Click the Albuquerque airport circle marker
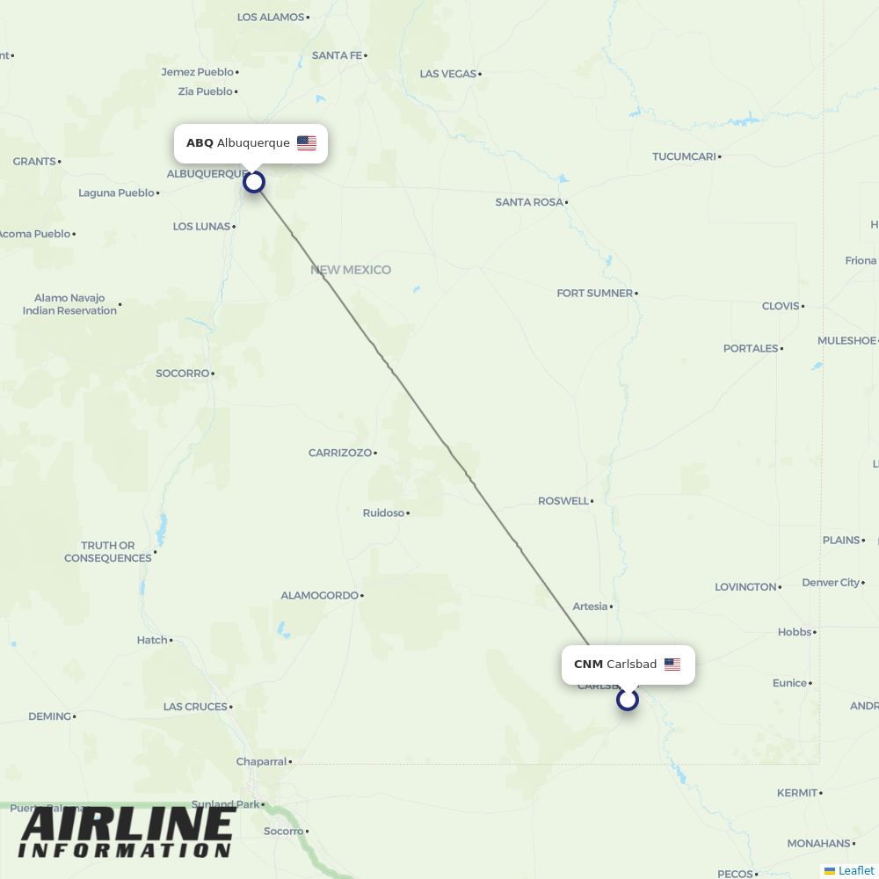[x=254, y=182]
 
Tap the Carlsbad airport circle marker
[x=628, y=700]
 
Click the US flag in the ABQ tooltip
[x=307, y=143]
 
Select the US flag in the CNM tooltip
[x=672, y=665]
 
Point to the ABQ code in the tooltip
[x=200, y=143]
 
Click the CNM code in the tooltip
[x=588, y=665]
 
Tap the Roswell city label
[x=563, y=501]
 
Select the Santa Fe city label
[x=337, y=55]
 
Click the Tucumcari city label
[x=684, y=156]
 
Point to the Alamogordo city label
[x=319, y=595]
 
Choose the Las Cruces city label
[x=195, y=707]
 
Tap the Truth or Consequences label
[x=108, y=551]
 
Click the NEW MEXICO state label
[x=350, y=270]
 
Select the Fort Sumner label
[x=594, y=293]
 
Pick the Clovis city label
[x=781, y=306]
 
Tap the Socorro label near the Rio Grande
[x=182, y=374]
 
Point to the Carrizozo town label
[x=340, y=453]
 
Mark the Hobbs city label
[x=795, y=632]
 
